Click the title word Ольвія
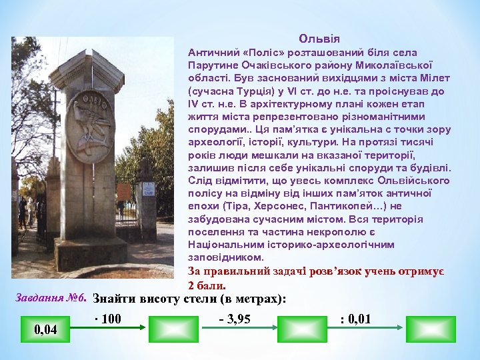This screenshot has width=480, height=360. click(x=319, y=39)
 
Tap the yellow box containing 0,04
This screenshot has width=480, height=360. click(x=45, y=329)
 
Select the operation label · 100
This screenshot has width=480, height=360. click(x=107, y=319)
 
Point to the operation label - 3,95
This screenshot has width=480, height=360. click(x=235, y=319)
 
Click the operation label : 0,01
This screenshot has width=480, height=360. click(x=355, y=319)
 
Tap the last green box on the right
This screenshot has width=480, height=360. click(x=431, y=329)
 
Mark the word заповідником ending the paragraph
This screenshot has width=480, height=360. click(x=226, y=257)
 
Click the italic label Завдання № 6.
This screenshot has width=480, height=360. click(x=51, y=297)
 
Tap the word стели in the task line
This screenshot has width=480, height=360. click(x=201, y=299)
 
